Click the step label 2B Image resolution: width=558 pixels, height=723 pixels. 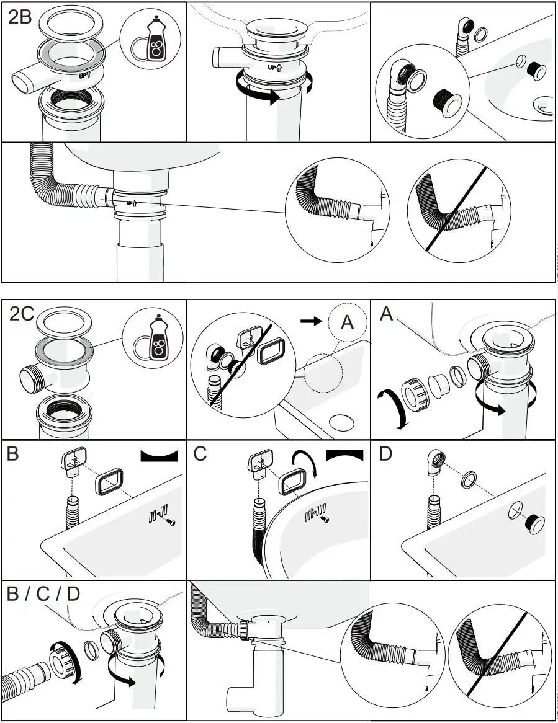19,16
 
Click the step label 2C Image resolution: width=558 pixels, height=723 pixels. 22,314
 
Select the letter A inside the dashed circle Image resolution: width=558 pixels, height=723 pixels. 346,323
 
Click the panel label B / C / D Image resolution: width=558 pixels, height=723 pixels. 43,594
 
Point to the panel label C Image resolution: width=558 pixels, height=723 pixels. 200,454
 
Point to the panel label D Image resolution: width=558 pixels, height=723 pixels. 385,454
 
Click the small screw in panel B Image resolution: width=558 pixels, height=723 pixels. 172,523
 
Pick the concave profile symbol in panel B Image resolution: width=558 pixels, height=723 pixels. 159,456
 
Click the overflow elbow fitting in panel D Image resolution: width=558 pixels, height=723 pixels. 435,463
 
